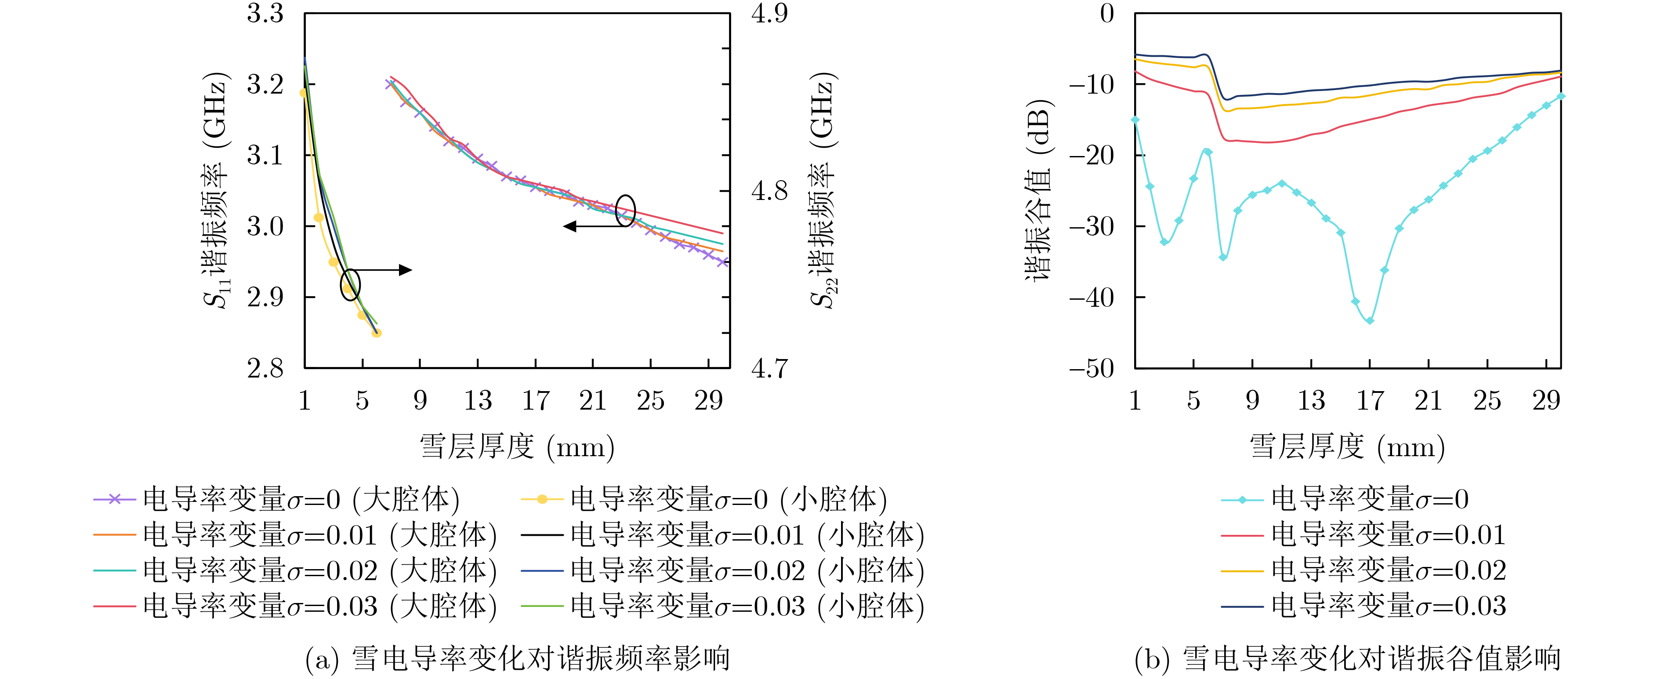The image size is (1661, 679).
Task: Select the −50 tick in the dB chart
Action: click(1091, 369)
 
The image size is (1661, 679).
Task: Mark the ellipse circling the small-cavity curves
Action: click(350, 284)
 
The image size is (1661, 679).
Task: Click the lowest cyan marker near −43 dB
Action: click(1370, 320)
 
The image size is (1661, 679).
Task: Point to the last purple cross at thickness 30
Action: click(723, 262)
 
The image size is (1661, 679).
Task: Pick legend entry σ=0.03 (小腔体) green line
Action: click(722, 606)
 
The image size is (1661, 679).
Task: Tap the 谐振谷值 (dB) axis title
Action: click(1038, 190)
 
